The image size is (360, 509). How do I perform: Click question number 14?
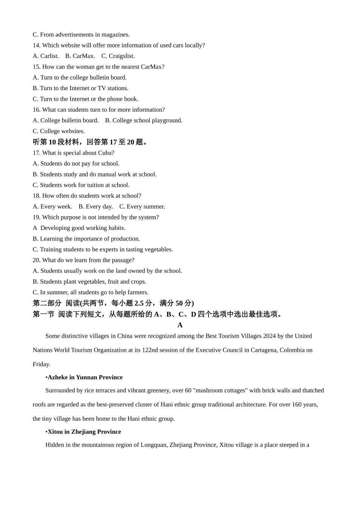pos(36,45)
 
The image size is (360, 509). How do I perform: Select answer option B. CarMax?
pos(80,56)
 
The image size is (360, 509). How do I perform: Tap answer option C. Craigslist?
pos(118,56)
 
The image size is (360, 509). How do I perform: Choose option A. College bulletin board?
pos(66,120)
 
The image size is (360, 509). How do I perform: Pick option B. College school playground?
pos(144,120)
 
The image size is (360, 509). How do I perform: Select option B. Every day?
pos(95,206)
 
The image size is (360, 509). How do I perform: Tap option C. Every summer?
pos(142,206)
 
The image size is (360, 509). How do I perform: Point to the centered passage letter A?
pos(180,325)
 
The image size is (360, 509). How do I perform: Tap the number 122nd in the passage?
pos(150,350)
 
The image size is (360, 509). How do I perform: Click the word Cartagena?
pos(264,350)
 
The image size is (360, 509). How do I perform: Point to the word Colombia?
pos(292,350)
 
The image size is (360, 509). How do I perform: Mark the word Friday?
pos(41,364)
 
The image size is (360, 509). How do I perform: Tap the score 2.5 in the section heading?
pos(139,303)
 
